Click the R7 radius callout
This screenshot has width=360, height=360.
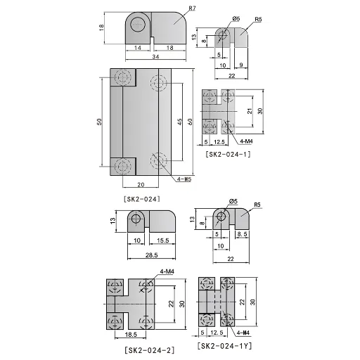tap(192, 8)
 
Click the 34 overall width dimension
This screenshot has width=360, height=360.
tap(155, 56)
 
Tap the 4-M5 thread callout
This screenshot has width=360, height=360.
tap(184, 179)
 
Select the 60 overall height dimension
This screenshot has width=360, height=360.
tap(190, 122)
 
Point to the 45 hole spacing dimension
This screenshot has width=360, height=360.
tap(179, 122)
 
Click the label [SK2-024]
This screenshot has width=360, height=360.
tap(142, 199)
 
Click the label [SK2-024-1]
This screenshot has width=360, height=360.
tap(228, 155)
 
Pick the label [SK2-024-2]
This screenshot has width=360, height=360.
tap(150, 350)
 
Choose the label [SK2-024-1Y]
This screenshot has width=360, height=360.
tap(224, 346)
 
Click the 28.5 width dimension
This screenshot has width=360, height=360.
tap(151, 255)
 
